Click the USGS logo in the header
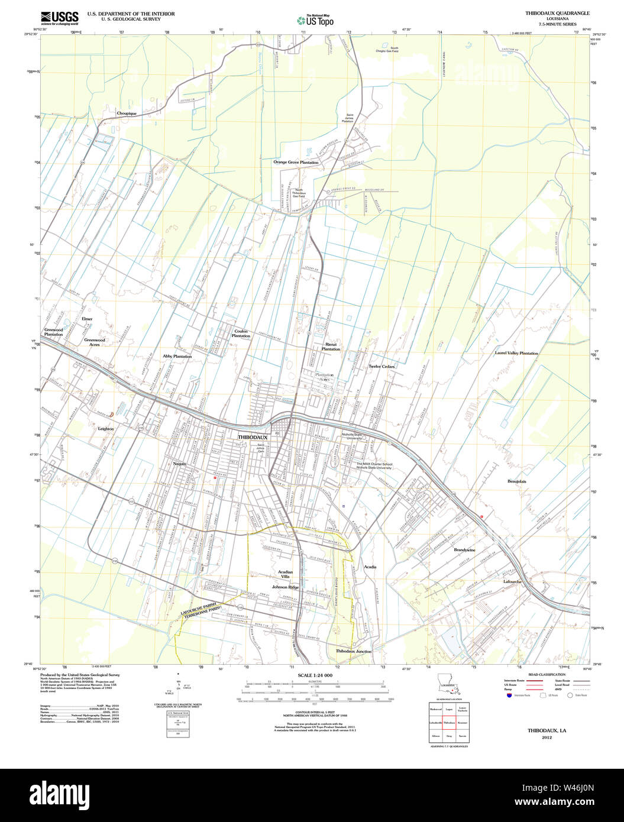click(x=59, y=18)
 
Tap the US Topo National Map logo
click(x=315, y=20)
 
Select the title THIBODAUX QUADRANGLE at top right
click(x=557, y=13)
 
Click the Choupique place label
click(x=127, y=113)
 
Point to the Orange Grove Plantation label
click(x=296, y=162)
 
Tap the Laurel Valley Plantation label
click(x=516, y=353)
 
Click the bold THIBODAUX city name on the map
click(x=253, y=437)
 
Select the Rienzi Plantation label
click(x=331, y=347)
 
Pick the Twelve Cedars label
click(x=381, y=367)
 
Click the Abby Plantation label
click(x=177, y=357)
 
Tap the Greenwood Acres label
click(x=95, y=342)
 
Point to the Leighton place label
click(x=106, y=429)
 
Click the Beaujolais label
click(x=516, y=481)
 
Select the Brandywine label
click(x=464, y=550)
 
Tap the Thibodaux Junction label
click(x=354, y=651)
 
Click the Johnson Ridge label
click(x=285, y=587)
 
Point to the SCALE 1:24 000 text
click(x=315, y=675)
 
